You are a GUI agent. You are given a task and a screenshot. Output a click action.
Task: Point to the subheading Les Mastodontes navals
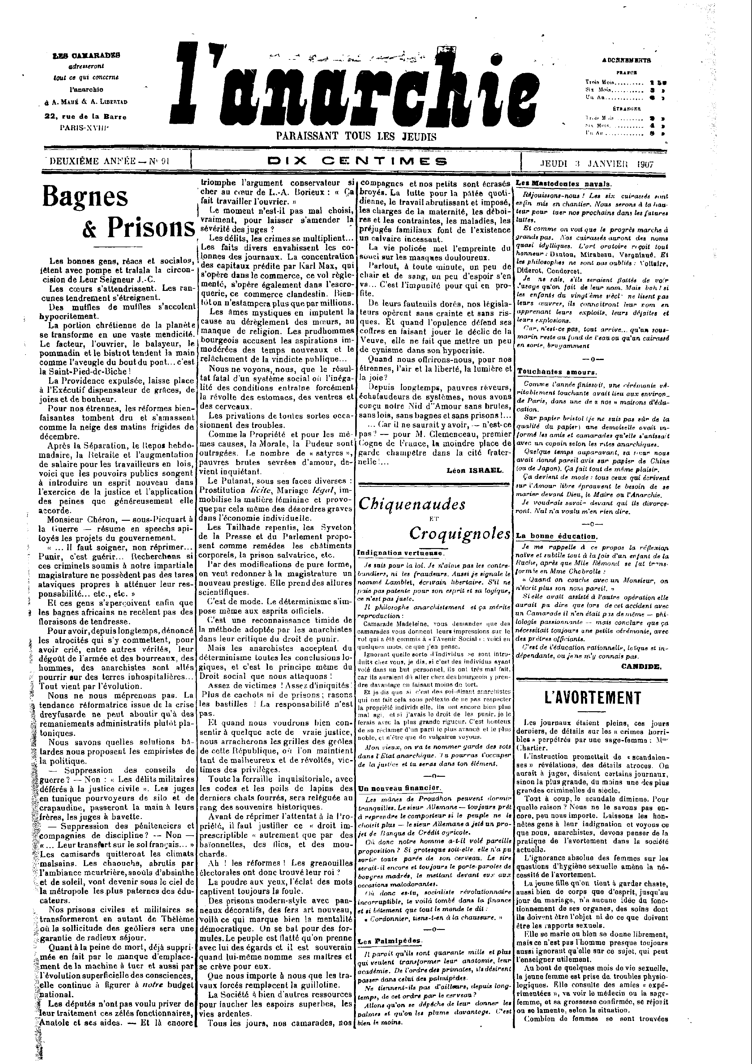click(564, 184)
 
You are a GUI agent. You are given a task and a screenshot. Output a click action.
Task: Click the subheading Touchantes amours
click(556, 372)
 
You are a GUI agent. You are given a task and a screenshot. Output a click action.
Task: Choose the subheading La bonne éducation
click(556, 536)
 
